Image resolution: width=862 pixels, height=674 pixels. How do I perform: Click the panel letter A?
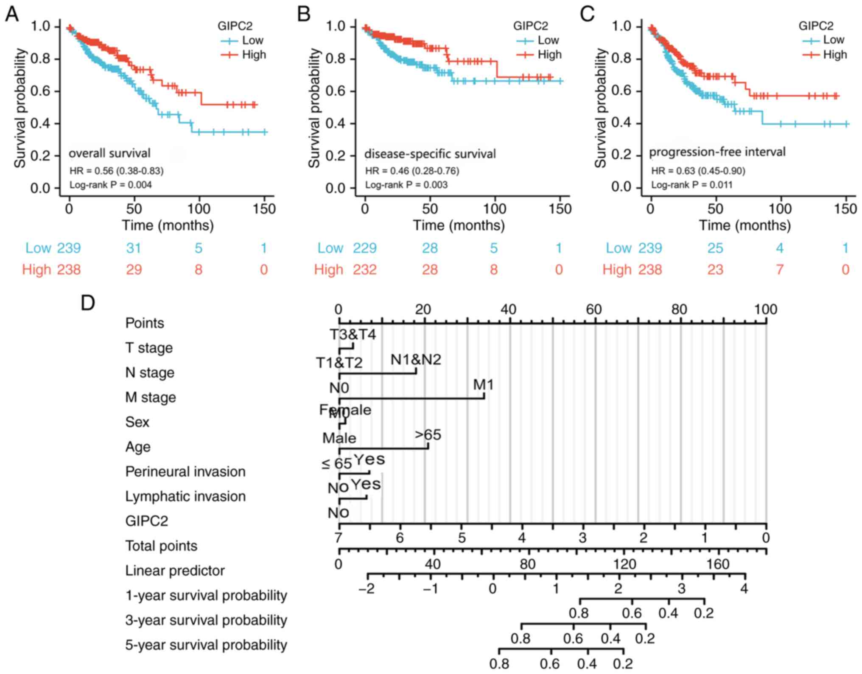pyautogui.click(x=12, y=14)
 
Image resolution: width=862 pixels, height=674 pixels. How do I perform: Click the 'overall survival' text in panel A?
pyautogui.click(x=109, y=153)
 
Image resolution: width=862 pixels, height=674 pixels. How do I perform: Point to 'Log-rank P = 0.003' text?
pyautogui.click(x=406, y=185)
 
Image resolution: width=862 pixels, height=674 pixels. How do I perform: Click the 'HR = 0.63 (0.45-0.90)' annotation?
pyautogui.click(x=698, y=171)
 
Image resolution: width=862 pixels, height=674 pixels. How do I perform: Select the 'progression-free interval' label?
pyautogui.click(x=717, y=152)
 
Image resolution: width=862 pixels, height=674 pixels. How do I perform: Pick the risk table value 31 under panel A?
pyautogui.click(x=134, y=248)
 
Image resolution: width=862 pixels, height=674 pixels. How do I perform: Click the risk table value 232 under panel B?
pyautogui.click(x=365, y=270)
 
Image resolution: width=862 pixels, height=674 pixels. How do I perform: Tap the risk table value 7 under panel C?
pyautogui.click(x=780, y=270)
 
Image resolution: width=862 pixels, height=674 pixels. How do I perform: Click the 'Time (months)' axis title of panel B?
pyautogui.click(x=459, y=225)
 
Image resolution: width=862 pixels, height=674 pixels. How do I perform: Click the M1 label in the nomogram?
pyautogui.click(x=483, y=385)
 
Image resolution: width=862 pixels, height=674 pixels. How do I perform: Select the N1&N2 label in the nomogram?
pyautogui.click(x=416, y=360)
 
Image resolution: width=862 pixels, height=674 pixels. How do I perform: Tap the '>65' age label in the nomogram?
pyautogui.click(x=428, y=435)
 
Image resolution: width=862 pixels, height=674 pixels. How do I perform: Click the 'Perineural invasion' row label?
pyautogui.click(x=185, y=471)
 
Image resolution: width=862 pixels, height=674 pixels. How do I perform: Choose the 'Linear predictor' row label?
pyautogui.click(x=175, y=570)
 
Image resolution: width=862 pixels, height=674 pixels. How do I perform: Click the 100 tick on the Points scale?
pyautogui.click(x=765, y=310)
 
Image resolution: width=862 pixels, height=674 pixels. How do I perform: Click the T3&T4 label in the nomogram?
pyautogui.click(x=353, y=335)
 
